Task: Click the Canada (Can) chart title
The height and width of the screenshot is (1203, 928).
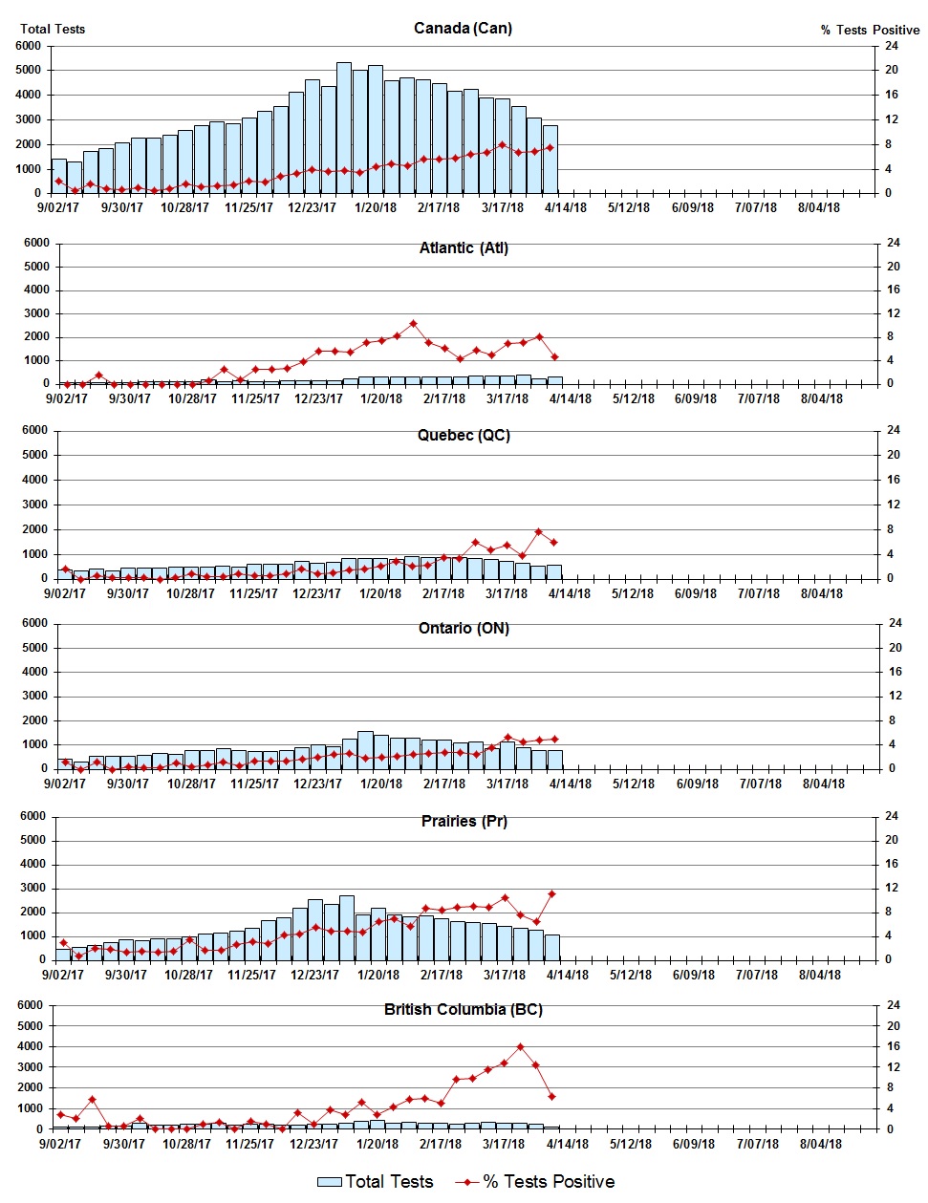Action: pyautogui.click(x=463, y=28)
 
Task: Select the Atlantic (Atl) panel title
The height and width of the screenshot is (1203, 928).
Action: pyautogui.click(x=464, y=247)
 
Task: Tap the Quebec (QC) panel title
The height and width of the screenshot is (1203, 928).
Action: pyautogui.click(x=464, y=435)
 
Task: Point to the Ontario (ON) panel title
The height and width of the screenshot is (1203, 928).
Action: pyautogui.click(x=464, y=628)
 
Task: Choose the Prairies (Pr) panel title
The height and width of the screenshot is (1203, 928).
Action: pyautogui.click(x=464, y=821)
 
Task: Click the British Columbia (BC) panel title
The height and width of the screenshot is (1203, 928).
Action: pyautogui.click(x=464, y=1009)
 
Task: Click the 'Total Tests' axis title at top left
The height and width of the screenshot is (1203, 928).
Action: pyautogui.click(x=53, y=29)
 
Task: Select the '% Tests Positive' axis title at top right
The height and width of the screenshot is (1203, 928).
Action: pyautogui.click(x=870, y=30)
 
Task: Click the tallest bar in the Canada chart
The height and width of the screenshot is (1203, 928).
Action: pyautogui.click(x=344, y=128)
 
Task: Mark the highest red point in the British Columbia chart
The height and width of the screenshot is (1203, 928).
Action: pyautogui.click(x=521, y=1046)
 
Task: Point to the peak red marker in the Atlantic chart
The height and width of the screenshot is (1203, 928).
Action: pyautogui.click(x=413, y=324)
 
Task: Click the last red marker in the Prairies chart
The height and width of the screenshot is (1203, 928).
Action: pyautogui.click(x=551, y=893)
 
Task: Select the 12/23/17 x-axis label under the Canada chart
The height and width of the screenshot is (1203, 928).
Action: pyautogui.click(x=313, y=207)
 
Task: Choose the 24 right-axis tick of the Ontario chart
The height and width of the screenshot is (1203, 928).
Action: pyautogui.click(x=896, y=623)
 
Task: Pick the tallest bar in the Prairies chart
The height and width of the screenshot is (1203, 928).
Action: pyautogui.click(x=347, y=927)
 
